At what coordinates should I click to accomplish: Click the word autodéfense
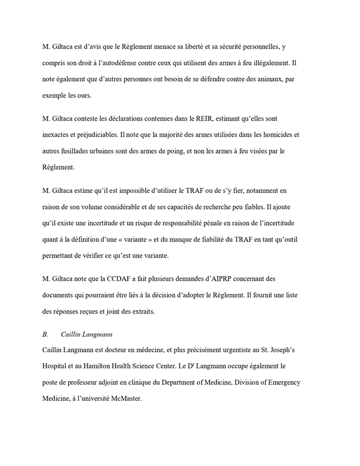tap(133, 62)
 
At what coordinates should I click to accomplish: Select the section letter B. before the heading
tap(45, 334)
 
